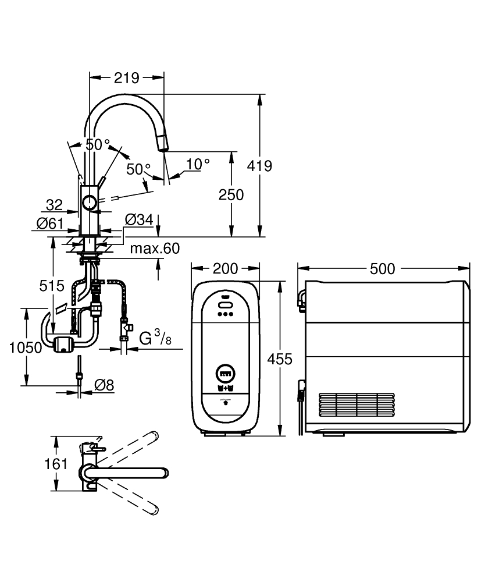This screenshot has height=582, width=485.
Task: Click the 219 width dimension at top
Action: pos(126,77)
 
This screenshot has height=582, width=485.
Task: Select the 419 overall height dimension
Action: pos(260,166)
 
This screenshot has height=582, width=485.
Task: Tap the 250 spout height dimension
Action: pos(231,194)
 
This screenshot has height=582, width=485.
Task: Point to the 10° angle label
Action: pos(198,165)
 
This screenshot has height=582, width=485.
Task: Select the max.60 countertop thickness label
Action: pos(154,249)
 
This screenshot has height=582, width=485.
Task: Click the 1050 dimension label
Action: pos(26,347)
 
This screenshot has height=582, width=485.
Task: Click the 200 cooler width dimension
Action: pos(226,268)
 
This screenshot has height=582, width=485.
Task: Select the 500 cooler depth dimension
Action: pos(383,268)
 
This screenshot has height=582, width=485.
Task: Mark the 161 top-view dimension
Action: pos(56,464)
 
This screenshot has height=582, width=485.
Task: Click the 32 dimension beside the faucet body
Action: pos(54,205)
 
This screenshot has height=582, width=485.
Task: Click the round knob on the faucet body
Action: pos(90,203)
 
